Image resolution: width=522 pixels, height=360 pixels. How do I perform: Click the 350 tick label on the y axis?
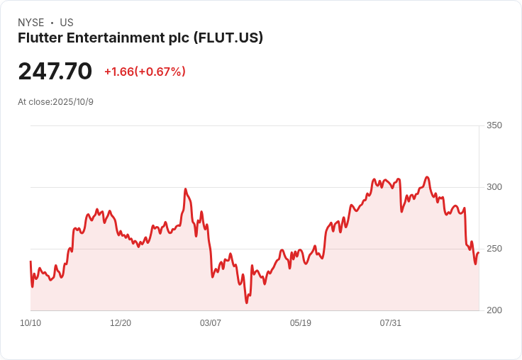coord(494,125)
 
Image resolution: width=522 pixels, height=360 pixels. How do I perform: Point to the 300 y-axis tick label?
coord(494,187)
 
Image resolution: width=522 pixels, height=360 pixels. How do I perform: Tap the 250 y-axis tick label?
coord(494,249)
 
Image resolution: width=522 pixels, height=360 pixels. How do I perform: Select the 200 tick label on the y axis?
coord(494,310)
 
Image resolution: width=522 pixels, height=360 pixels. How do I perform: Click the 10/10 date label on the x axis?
coord(30,323)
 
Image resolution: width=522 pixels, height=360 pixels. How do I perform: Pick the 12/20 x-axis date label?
coord(121,323)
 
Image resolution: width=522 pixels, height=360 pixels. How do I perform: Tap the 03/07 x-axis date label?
coord(211,323)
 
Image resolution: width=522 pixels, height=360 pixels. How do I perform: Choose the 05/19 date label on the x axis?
coord(301,323)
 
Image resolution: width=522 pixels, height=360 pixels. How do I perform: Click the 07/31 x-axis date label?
coord(391,323)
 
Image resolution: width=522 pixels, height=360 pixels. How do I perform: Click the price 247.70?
coord(55,72)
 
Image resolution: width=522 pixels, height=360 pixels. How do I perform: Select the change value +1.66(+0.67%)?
coord(145,72)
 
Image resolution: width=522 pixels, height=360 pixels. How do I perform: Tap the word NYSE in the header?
coord(31,23)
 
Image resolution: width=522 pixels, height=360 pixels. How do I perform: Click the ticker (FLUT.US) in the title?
coord(228,38)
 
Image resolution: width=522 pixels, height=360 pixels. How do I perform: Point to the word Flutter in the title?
coord(39,38)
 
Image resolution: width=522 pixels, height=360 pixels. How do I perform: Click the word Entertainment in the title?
coord(109,38)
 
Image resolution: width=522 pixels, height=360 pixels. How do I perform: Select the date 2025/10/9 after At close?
coord(73,102)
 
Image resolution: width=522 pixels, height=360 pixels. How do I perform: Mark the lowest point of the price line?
coord(247,303)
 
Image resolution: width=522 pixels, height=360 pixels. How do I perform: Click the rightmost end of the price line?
coord(479,253)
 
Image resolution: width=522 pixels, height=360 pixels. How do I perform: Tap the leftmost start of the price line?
coord(30,261)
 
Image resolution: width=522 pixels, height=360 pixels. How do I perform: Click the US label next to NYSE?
coord(67,23)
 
